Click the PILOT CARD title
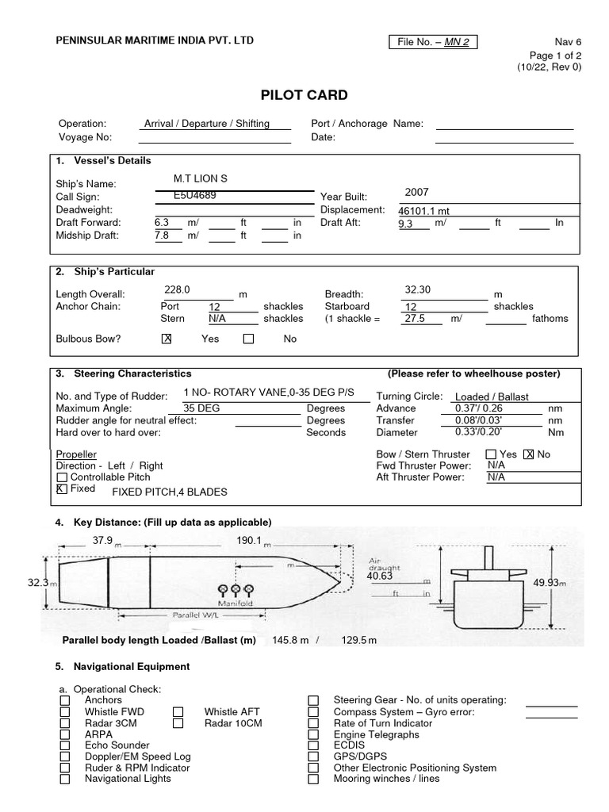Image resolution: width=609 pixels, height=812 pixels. (x=304, y=95)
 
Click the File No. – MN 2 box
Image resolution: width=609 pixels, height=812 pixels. (x=433, y=42)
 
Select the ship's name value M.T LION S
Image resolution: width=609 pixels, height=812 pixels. (x=201, y=178)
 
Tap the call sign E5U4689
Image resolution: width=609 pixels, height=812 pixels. (x=195, y=194)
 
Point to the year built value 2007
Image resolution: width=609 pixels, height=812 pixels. (x=416, y=192)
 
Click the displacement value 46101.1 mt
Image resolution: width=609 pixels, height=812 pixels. (x=424, y=212)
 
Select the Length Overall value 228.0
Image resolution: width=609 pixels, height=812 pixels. (x=177, y=290)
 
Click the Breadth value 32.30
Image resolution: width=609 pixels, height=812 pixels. (x=418, y=290)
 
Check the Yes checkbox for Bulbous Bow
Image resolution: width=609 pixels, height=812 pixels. (x=167, y=339)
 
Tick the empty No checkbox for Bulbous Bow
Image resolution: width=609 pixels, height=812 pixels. (x=249, y=339)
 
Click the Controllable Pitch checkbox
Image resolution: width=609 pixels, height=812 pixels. (x=62, y=478)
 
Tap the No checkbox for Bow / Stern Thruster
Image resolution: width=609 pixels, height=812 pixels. (x=529, y=454)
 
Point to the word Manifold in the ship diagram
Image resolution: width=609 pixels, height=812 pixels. (x=235, y=602)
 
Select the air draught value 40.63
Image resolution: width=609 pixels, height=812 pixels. (x=380, y=576)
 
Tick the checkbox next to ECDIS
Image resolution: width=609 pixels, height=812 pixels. (x=314, y=746)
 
